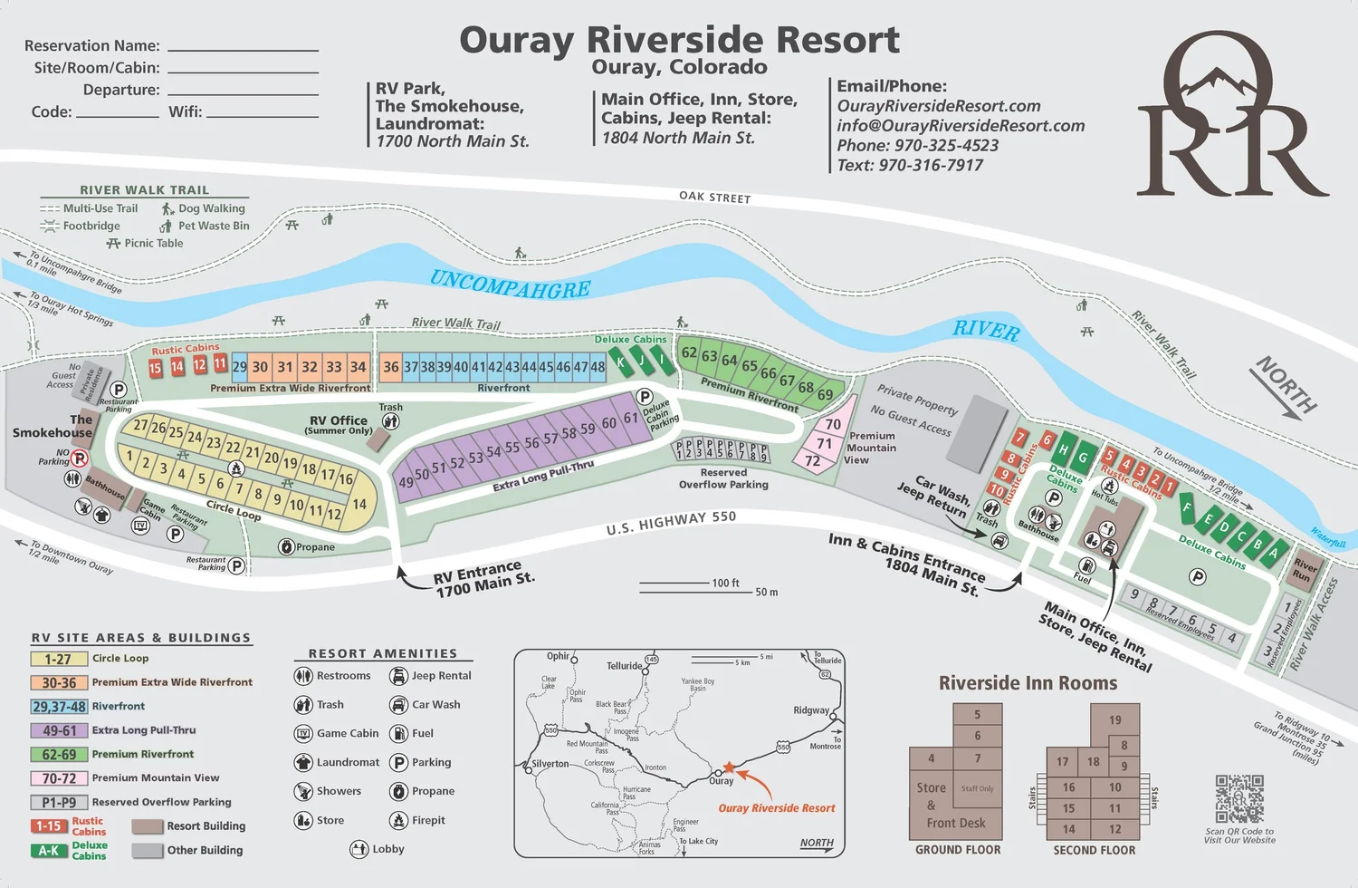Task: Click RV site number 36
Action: (x=390, y=367)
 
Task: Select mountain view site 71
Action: (x=824, y=443)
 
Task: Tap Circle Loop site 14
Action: (x=359, y=505)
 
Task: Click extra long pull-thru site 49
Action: (x=406, y=483)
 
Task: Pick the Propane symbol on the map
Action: (x=286, y=546)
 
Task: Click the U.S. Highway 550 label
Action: (x=671, y=523)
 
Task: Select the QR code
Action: (x=1239, y=798)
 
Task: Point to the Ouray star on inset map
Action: (x=729, y=767)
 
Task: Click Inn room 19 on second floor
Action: (x=1114, y=720)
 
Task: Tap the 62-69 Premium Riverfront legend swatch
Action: (x=59, y=754)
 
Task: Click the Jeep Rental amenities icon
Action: (x=398, y=676)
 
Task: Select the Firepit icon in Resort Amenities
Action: (x=398, y=820)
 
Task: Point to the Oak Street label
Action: (x=714, y=197)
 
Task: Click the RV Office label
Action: (x=339, y=420)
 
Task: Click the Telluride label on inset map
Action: (x=624, y=666)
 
